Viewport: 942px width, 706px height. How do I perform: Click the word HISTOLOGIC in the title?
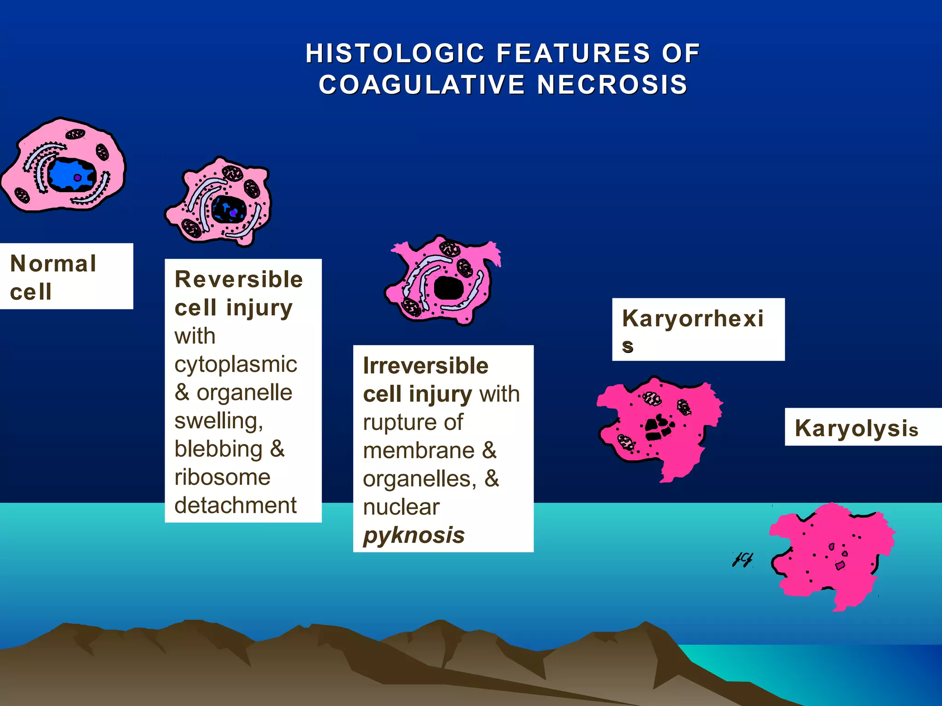(x=395, y=53)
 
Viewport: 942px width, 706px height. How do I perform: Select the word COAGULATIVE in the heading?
(x=422, y=85)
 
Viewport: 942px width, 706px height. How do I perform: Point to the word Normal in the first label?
(x=53, y=264)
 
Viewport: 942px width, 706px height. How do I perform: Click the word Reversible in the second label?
(x=239, y=279)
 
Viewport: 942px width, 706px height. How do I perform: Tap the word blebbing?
(x=218, y=449)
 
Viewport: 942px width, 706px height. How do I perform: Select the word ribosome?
(x=222, y=477)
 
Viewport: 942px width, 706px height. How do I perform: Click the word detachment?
(x=235, y=505)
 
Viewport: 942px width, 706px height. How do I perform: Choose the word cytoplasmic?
(x=235, y=364)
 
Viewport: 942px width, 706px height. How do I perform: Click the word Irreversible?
(x=425, y=366)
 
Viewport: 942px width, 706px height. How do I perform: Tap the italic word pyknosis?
(x=414, y=535)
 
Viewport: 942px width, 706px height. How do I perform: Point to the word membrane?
(x=419, y=450)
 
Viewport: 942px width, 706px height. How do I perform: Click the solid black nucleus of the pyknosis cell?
(x=448, y=288)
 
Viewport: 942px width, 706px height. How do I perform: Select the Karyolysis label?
(x=856, y=428)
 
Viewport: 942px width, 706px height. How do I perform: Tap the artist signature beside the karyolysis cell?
(x=742, y=559)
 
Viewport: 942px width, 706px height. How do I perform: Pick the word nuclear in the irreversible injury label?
(x=401, y=507)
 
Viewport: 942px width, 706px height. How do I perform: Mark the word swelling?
(x=218, y=421)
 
